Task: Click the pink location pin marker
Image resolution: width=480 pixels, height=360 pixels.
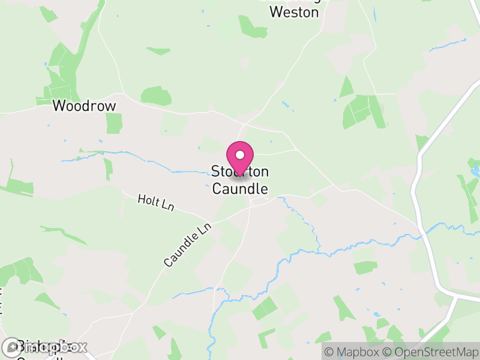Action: (x=240, y=158)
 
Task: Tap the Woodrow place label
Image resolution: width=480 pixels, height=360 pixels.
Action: (x=84, y=106)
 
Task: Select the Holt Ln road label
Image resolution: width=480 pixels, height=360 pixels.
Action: (x=155, y=202)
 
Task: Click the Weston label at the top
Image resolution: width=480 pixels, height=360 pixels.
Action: (x=294, y=11)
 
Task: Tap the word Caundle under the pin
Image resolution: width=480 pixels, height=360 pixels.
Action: (x=240, y=188)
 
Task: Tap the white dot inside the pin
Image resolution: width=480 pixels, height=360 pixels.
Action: (x=240, y=154)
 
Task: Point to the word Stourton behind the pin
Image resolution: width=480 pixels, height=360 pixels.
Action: (x=240, y=172)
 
